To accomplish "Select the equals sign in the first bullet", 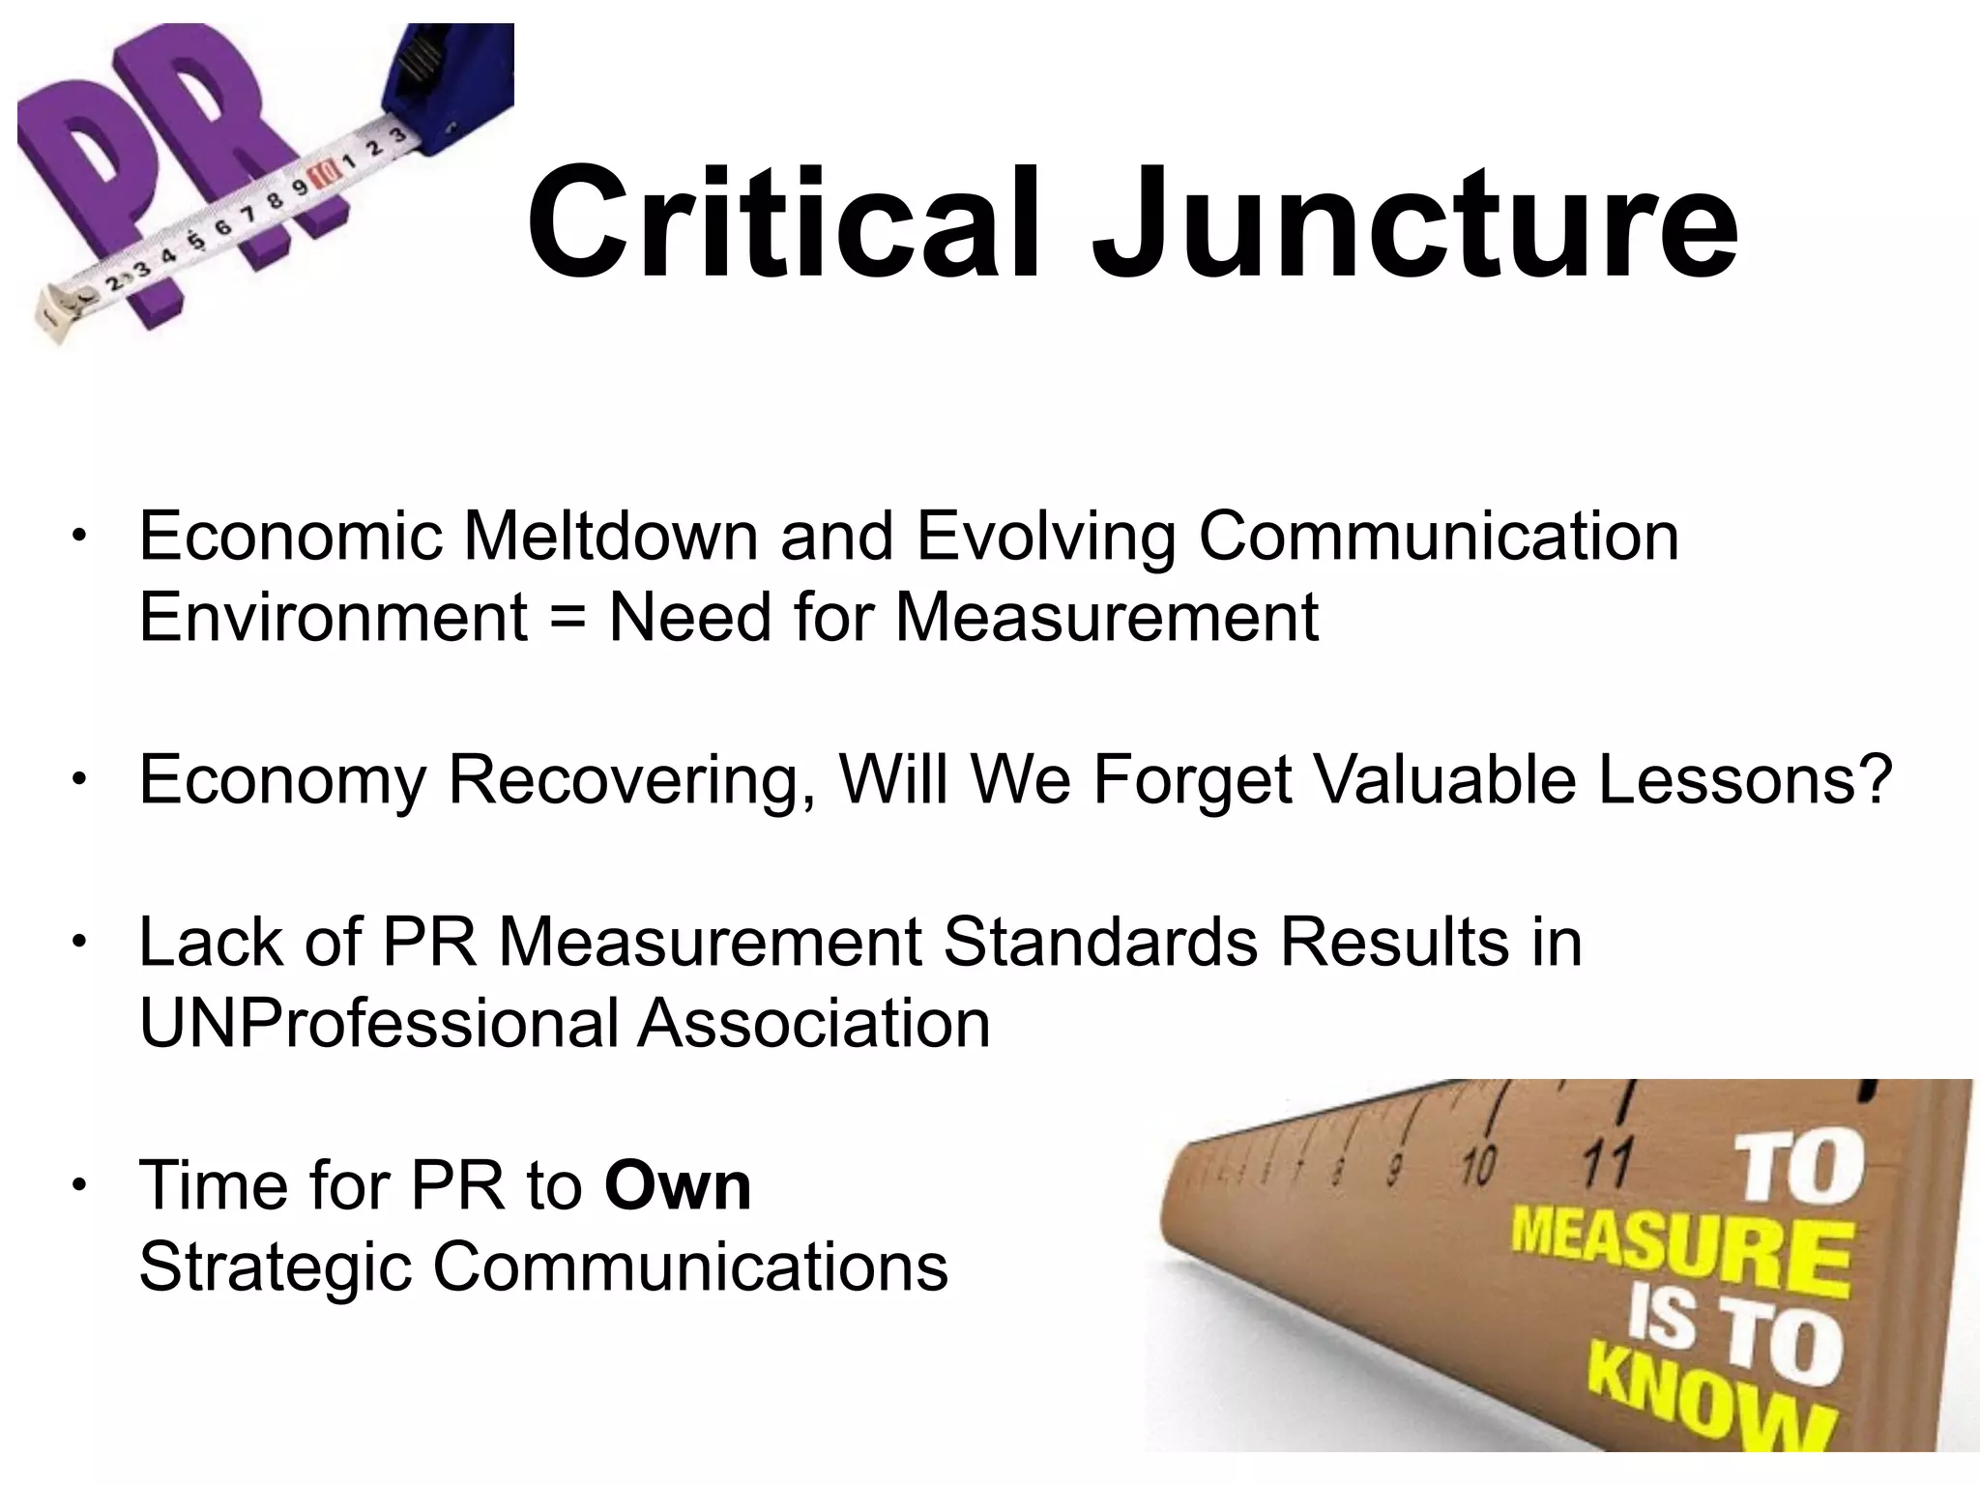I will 568,619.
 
